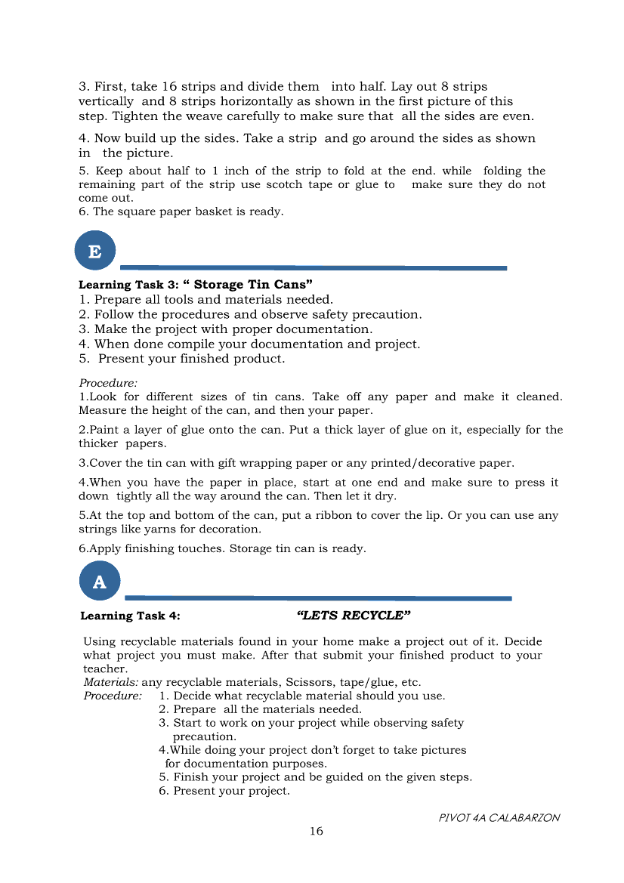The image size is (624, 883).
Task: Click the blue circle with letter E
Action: point(95,251)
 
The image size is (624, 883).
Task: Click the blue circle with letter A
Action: point(99,581)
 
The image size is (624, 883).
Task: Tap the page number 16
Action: point(316,831)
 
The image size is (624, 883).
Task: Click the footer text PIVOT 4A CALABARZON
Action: point(499,817)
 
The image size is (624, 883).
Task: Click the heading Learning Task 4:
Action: point(130,616)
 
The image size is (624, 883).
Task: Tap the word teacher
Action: point(103,668)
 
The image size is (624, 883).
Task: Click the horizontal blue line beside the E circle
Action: point(314,267)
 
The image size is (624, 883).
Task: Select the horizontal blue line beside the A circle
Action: point(317,598)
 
